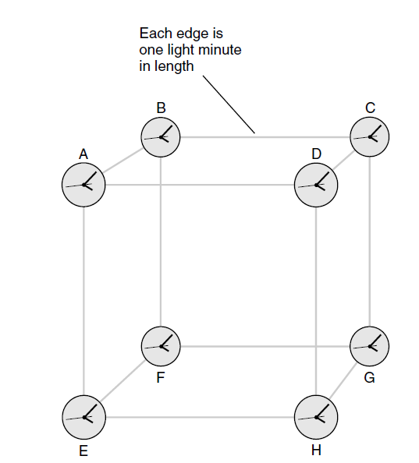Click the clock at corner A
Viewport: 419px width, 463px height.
tap(83, 185)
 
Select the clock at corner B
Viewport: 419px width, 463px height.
tap(161, 137)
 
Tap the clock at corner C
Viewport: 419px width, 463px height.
tap(370, 137)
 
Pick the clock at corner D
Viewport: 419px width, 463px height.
tap(316, 185)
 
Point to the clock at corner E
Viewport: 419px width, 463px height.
tap(84, 417)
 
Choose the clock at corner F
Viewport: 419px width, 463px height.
tap(161, 346)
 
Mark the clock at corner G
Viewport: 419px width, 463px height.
tap(370, 346)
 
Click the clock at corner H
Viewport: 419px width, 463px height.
tap(316, 417)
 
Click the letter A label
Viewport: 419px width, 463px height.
tap(83, 154)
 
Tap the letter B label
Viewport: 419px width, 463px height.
tap(161, 108)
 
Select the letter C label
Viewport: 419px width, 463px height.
tap(371, 108)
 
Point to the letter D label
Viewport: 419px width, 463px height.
tap(317, 154)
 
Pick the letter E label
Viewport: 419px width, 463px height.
tap(83, 451)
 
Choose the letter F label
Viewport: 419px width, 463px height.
tap(161, 377)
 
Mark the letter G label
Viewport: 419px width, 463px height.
tap(370, 378)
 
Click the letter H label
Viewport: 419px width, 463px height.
tap(316, 451)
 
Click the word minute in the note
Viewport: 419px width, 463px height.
tap(219, 50)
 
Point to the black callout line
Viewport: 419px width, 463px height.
tap(229, 104)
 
